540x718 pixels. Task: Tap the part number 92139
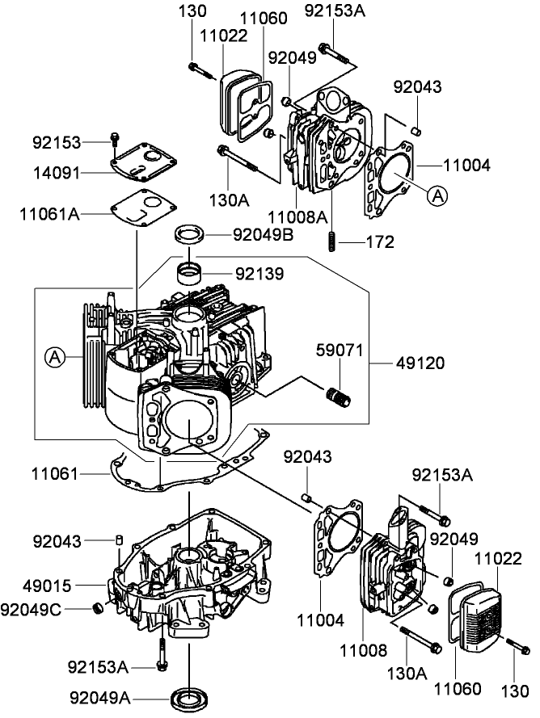click(259, 275)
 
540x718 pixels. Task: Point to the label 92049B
click(263, 235)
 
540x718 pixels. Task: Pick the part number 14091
click(57, 171)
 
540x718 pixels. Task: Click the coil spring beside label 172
click(331, 241)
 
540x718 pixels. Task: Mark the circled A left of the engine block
click(54, 355)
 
